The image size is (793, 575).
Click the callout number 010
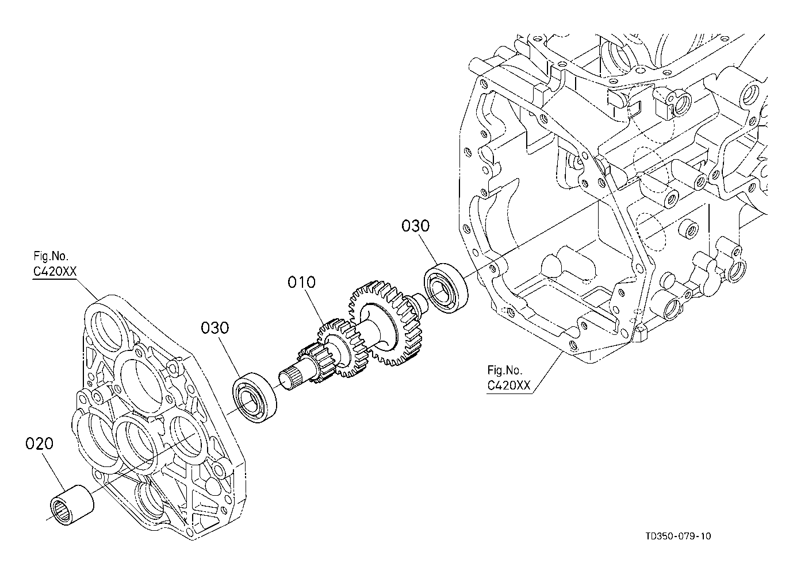(x=302, y=283)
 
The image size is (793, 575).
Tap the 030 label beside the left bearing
(x=214, y=328)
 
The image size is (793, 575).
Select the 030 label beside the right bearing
(x=415, y=226)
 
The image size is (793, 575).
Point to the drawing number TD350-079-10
(x=678, y=537)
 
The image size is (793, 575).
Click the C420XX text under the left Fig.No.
(x=55, y=271)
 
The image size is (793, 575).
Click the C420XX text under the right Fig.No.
(x=508, y=385)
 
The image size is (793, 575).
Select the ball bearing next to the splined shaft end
(x=255, y=399)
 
